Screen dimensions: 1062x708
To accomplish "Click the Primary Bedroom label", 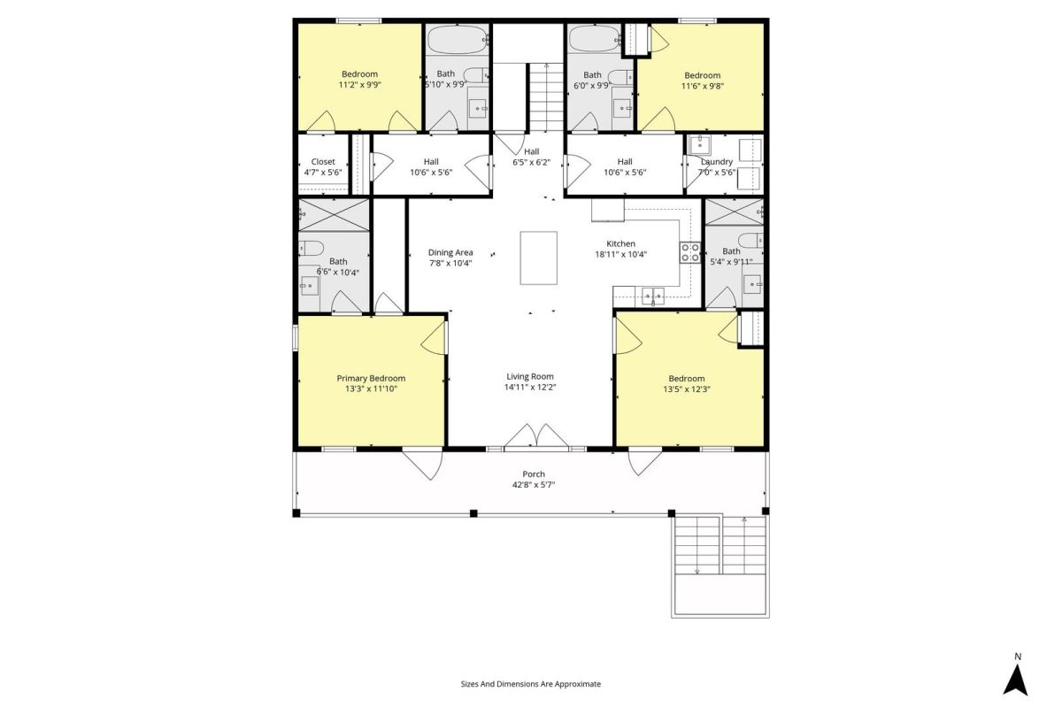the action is coord(371,379).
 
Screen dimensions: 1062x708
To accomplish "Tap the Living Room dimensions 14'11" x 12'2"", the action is coord(530,388).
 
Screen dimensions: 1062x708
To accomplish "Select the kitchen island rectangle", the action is coord(539,258).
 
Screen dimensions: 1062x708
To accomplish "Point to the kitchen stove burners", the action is coord(689,252).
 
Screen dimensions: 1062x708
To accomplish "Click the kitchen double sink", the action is coord(653,296).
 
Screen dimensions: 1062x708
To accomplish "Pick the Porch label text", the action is coord(534,474).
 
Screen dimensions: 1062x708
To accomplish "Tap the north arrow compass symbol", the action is coord(1015,680).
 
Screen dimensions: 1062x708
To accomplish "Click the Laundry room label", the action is coord(716,162).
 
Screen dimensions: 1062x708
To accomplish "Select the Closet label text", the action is coord(323,162).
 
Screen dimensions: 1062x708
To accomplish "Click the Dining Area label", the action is coord(450,253).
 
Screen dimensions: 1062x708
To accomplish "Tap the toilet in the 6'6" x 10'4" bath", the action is coord(311,248).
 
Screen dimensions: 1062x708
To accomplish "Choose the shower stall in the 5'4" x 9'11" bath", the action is coord(734,212).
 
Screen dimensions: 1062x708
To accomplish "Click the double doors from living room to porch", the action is coord(536,435).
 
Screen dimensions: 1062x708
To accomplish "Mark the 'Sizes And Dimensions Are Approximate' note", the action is coord(530,684).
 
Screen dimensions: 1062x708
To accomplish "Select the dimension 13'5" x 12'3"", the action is coord(687,389).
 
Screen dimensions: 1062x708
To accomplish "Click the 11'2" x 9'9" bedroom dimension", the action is coord(360,85).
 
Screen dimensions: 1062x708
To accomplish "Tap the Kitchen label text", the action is coord(620,243).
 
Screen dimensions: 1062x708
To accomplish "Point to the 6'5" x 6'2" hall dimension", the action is coord(532,162).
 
